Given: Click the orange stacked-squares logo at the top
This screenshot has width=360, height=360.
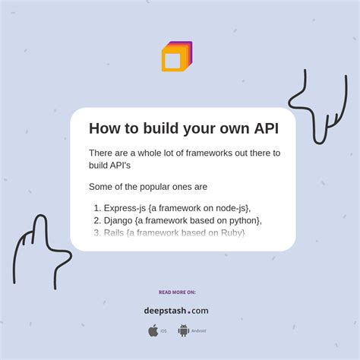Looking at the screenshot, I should [x=176, y=57].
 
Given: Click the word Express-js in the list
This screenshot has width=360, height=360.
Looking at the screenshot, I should [x=125, y=208].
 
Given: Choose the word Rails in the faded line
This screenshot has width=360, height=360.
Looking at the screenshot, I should [x=116, y=232].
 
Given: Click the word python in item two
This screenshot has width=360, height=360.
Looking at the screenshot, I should [x=242, y=220].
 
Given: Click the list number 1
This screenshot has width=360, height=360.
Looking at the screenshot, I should [x=96, y=208].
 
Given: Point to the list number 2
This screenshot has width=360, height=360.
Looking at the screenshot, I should [x=96, y=220].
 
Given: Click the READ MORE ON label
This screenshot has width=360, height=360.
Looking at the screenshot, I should [x=177, y=292].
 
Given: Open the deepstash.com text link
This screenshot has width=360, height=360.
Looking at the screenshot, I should [x=176, y=310].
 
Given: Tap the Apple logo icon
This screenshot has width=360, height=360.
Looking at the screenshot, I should [x=153, y=330].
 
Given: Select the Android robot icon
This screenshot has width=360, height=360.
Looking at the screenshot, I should [x=183, y=330].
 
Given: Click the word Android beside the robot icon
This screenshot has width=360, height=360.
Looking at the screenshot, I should [x=198, y=331].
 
